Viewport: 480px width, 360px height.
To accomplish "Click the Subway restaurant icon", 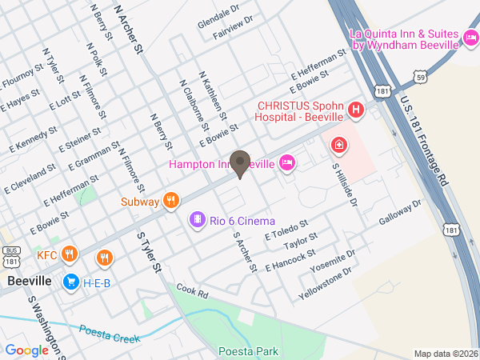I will pyautogui.click(x=170, y=201).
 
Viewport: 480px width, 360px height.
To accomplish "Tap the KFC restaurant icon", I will pyautogui.click(x=70, y=255).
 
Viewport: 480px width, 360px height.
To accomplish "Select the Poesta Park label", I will pyautogui.click(x=247, y=351).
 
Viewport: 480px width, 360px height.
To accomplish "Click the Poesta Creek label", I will pyautogui.click(x=109, y=332).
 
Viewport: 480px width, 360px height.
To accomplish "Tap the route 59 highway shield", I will pyautogui.click(x=420, y=76).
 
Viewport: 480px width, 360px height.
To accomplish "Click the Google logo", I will pyautogui.click(x=26, y=350).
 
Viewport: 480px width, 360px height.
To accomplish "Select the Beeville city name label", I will pyautogui.click(x=29, y=282).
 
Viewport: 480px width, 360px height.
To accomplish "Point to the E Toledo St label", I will pyautogui.click(x=286, y=230).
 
